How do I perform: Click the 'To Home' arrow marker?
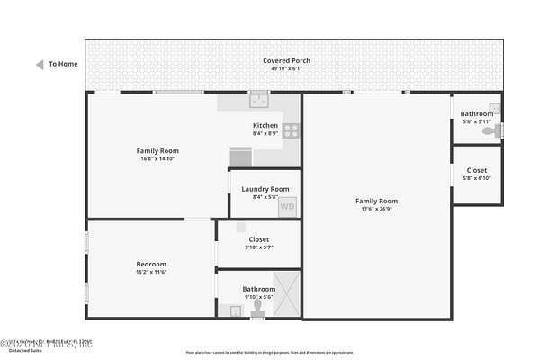pos(40,65)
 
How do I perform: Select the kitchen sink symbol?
pos(259,101)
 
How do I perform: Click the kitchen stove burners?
pos(291,130)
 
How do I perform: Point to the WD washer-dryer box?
pos(287,207)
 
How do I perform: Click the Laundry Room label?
pos(265,189)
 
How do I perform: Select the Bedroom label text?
pos(151,264)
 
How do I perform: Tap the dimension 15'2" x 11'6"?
pos(151,272)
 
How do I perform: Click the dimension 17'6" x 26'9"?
pos(376,209)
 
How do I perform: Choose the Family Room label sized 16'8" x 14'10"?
pos(157,150)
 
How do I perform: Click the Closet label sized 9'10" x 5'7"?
pos(258,239)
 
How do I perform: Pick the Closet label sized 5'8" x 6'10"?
pos(477,170)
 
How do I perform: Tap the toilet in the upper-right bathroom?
pos(490,131)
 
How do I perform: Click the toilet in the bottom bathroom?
pos(258,309)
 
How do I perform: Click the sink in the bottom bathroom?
pos(236,311)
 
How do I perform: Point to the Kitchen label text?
pos(265,125)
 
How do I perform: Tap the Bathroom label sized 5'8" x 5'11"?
pos(477,114)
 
